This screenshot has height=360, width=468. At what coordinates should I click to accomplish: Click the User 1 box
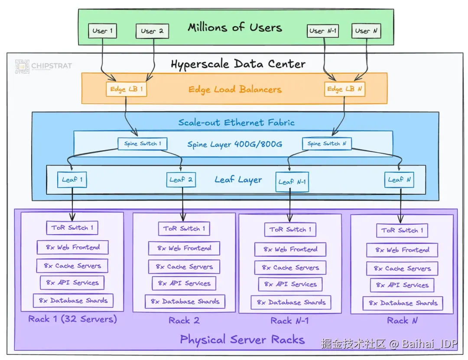(x=102, y=31)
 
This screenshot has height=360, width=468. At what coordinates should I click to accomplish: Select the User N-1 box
(x=323, y=31)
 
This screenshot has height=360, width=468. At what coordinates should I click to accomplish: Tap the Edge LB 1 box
(x=126, y=89)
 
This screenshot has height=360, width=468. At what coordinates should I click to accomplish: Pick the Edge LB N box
(x=344, y=89)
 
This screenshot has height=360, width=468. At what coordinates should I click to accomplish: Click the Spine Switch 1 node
(x=143, y=144)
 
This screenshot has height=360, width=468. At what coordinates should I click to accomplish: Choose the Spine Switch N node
(x=327, y=144)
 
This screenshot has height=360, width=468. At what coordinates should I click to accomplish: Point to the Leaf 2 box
(x=181, y=180)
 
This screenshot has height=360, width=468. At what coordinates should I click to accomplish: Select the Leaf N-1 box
(x=292, y=182)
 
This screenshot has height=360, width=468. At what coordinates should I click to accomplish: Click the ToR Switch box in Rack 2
(x=184, y=229)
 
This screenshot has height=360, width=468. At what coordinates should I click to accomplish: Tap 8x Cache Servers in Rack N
(x=402, y=268)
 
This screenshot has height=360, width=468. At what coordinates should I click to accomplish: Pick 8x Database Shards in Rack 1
(x=73, y=301)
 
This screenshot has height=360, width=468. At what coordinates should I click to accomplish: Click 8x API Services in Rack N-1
(x=290, y=285)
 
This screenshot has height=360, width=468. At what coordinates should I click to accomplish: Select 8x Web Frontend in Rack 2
(x=184, y=248)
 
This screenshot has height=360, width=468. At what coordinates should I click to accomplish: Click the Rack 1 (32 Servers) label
(x=72, y=319)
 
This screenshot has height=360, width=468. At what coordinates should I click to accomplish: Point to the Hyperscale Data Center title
(x=238, y=64)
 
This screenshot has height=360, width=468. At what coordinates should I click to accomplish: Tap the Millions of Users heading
(x=235, y=27)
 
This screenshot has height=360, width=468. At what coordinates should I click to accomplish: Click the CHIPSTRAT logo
(x=44, y=66)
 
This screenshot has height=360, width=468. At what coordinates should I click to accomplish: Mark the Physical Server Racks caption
(x=242, y=340)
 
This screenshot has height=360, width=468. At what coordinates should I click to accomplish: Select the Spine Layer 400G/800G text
(x=234, y=144)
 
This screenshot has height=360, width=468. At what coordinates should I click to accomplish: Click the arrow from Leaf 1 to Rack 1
(x=72, y=204)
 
